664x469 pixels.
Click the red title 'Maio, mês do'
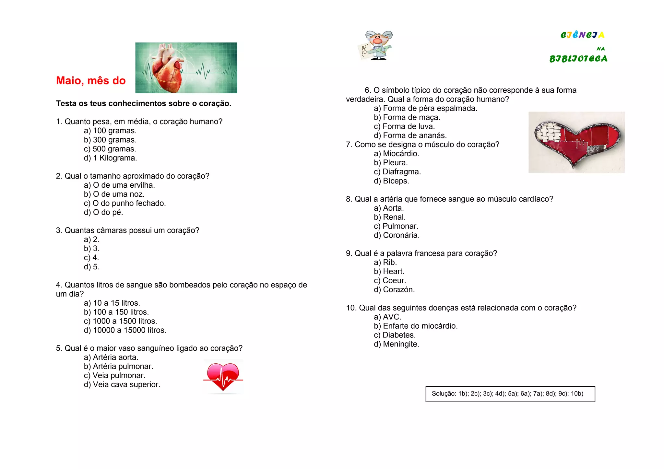tap(91, 80)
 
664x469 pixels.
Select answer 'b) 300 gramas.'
tap(110, 140)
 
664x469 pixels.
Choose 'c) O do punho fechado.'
tap(125, 203)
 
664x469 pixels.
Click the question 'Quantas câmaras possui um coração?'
tap(127, 230)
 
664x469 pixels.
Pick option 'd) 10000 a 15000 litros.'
tap(125, 330)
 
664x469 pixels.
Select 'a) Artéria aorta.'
tap(111, 358)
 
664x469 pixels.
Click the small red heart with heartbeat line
tap(223, 377)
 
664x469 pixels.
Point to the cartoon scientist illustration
tap(376, 46)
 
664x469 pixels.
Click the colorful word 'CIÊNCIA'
tap(582, 35)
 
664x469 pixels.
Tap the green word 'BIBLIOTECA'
tap(578, 59)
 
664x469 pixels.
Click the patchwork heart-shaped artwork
tap(576, 142)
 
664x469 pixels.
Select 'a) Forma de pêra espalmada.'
tap(425, 108)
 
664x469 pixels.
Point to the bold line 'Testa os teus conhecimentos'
tap(143, 103)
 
